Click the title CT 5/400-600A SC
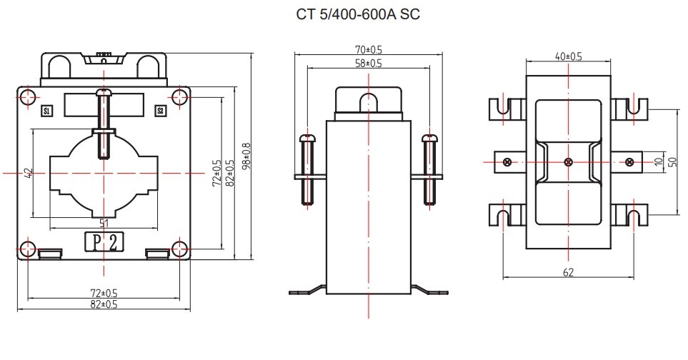point(358,14)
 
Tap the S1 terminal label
point(47,111)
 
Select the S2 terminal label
point(161,111)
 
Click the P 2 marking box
point(104,241)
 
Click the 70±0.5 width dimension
point(368,50)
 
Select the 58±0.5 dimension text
point(368,64)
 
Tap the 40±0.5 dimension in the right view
point(568,56)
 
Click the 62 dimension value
point(568,273)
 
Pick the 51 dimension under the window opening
point(104,223)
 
